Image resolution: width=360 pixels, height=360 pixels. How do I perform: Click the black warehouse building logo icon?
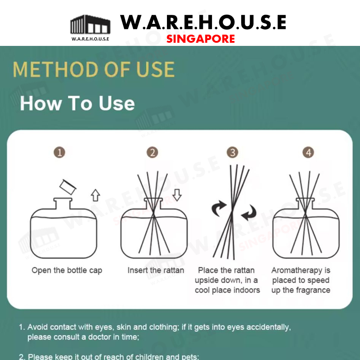(90, 25)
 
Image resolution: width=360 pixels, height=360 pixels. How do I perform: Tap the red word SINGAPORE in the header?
(200, 39)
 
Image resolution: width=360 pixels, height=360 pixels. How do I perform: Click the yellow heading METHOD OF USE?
(94, 69)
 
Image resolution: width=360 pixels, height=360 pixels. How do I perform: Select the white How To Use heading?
(77, 103)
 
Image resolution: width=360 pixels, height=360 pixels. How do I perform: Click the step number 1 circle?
(59, 153)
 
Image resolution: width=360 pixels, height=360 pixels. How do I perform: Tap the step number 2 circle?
(152, 153)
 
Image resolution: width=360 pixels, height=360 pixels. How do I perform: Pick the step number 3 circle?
(232, 153)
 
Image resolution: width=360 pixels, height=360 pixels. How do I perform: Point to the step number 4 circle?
(308, 153)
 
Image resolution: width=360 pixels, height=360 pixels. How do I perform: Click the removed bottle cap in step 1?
(68, 187)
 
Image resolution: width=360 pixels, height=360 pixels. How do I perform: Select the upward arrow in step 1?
(95, 195)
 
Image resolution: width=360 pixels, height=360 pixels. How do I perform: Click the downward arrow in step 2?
(177, 195)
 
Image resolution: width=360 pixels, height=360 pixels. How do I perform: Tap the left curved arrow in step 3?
(219, 208)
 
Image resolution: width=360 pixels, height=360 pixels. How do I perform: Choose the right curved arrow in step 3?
(249, 213)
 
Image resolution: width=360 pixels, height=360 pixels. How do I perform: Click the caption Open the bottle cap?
(67, 270)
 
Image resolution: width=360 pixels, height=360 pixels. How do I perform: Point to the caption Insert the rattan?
(156, 270)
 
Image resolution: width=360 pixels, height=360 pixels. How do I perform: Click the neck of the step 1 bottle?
(63, 203)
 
